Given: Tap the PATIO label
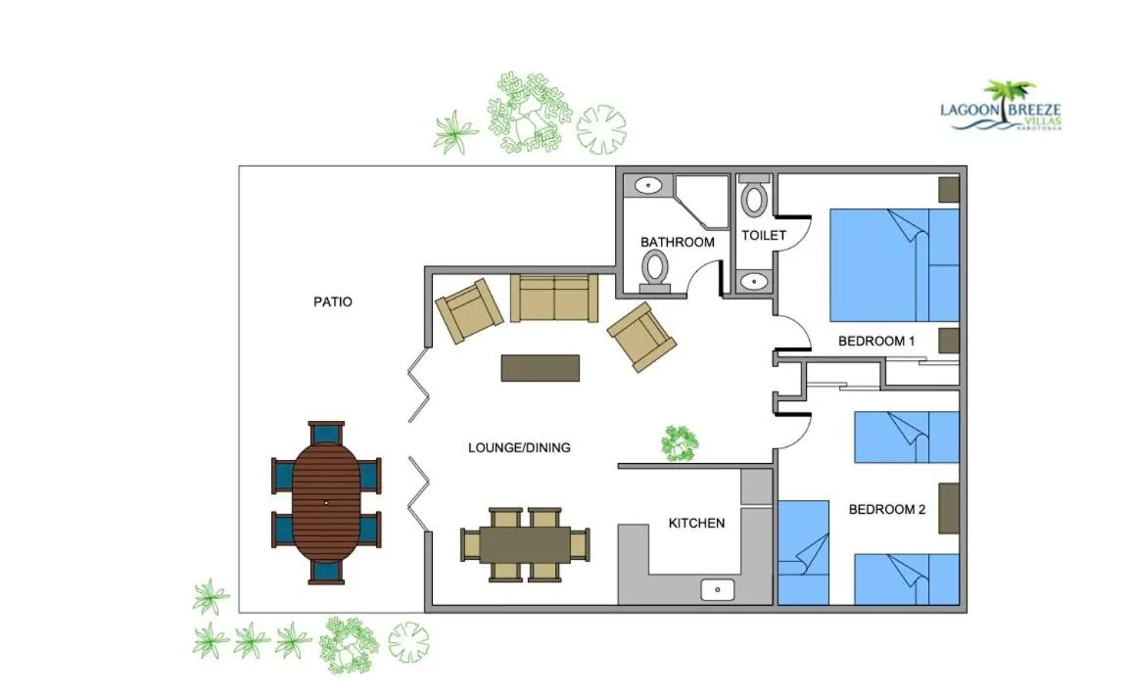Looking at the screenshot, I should (x=332, y=301).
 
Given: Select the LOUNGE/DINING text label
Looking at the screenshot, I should (x=519, y=447).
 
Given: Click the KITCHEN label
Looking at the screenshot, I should (x=696, y=523).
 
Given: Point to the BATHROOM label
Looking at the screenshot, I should (x=677, y=242).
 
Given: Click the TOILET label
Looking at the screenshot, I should (x=764, y=236).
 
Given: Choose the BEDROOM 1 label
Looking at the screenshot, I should (x=875, y=342).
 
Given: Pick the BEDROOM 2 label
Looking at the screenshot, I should (x=886, y=509).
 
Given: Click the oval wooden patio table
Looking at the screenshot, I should (x=326, y=502).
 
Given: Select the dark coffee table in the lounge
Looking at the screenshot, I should (x=541, y=367).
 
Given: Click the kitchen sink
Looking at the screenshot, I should (x=718, y=589).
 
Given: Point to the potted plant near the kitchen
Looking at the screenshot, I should (x=679, y=442).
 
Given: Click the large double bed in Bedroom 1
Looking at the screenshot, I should (x=893, y=264).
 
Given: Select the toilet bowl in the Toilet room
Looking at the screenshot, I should (x=754, y=198).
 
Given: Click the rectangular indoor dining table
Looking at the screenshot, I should (x=524, y=544).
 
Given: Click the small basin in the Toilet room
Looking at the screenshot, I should (x=753, y=282).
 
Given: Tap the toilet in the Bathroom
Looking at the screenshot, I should (x=654, y=269).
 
